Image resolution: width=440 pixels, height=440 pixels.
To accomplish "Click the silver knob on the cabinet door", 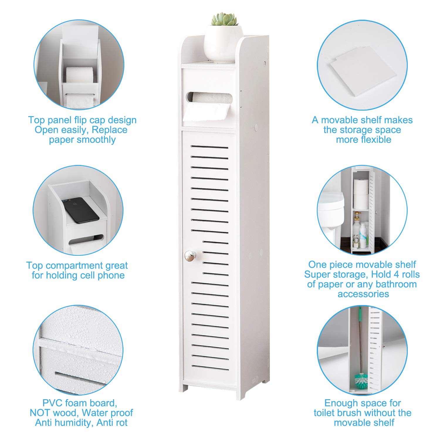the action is point(190,256).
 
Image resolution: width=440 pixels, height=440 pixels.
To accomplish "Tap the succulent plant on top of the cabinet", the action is point(225,19).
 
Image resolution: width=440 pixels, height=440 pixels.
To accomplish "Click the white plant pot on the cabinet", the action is point(223,43).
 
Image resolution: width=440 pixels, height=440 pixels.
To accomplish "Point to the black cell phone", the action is point(80,210).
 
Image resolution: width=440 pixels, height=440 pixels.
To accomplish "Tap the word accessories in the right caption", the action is point(363,294).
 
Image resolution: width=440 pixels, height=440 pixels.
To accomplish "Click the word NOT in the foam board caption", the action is point(39,413).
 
